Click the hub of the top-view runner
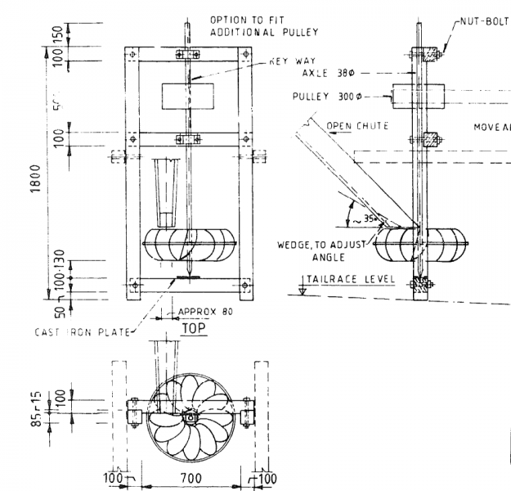click(190, 418)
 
